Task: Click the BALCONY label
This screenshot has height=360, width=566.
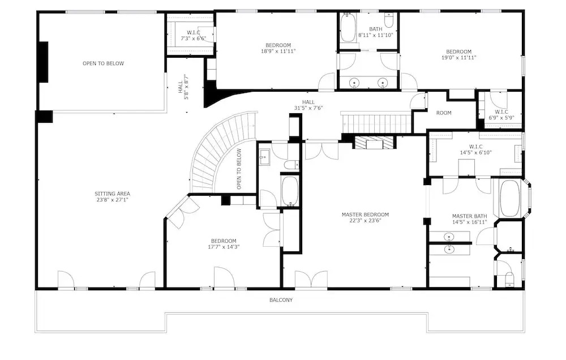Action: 281,299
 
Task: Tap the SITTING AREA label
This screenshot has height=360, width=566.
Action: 112,194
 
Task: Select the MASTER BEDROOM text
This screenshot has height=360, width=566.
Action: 365,215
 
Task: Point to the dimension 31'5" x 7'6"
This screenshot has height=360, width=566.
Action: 308,108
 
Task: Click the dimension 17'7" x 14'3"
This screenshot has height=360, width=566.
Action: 224,247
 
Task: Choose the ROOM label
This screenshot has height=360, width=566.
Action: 444,113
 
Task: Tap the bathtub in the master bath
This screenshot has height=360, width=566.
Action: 510,198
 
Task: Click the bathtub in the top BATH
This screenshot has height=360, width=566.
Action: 348,28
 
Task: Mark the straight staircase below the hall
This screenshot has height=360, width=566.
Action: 376,123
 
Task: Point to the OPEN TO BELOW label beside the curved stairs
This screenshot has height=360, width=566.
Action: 239,169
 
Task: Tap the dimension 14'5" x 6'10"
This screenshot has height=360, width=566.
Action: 475,152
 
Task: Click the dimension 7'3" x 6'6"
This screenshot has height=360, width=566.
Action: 193,38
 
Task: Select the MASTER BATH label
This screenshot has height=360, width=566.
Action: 469,216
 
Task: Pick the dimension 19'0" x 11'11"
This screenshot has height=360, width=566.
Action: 459,57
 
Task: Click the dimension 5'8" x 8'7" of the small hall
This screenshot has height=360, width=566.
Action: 186,87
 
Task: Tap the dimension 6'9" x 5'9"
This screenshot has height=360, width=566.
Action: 501,117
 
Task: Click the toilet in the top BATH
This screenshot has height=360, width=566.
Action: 388,21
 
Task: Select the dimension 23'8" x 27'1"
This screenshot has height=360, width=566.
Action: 112,199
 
